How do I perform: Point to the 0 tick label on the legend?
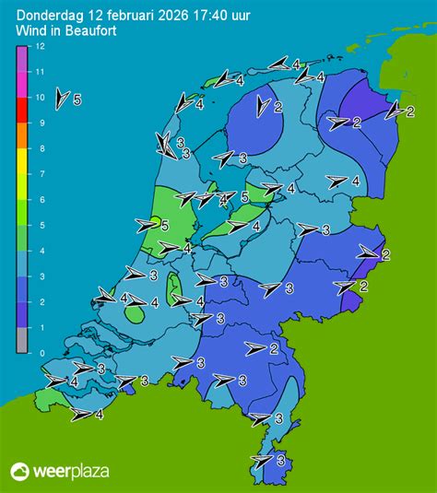click(38, 353)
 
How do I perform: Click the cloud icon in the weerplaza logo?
click(20, 472)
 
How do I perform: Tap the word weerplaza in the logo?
click(71, 472)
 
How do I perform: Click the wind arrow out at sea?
click(62, 99)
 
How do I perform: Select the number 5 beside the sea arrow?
click(77, 99)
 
